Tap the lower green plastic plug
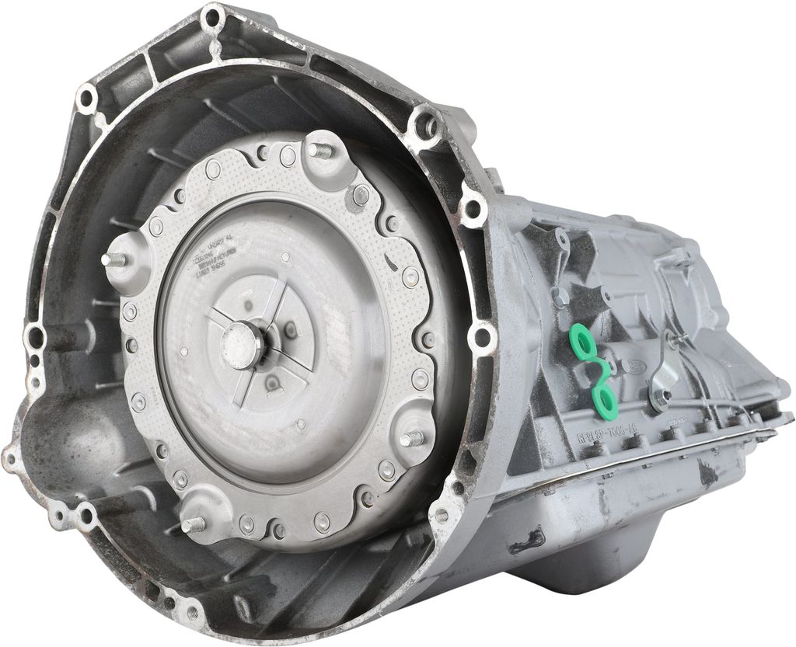coord(604,398)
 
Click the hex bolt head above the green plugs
coord(558,296)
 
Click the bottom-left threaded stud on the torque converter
coord(191,525)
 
